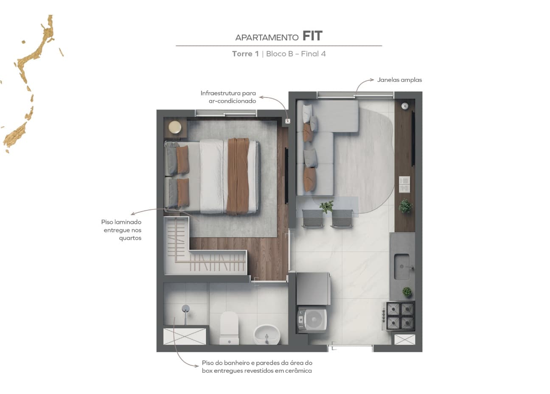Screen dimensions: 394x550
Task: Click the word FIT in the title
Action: click(x=312, y=36)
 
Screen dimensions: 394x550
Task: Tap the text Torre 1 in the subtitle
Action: click(x=245, y=54)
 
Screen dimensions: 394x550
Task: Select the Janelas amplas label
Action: click(x=399, y=80)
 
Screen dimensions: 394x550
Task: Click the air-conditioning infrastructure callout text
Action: click(x=228, y=97)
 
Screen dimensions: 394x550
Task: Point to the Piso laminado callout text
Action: click(x=121, y=230)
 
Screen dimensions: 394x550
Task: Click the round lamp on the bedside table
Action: click(x=175, y=127)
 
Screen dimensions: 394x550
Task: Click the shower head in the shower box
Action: click(x=185, y=308)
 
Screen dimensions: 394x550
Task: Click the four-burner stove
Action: click(x=400, y=316)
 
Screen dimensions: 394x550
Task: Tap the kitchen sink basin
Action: click(x=401, y=266)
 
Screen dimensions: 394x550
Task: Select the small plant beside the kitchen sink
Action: click(x=407, y=292)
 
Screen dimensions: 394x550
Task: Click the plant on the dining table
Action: click(x=326, y=207)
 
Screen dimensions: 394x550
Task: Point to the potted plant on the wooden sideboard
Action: click(x=405, y=206)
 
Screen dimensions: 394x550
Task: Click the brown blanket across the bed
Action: click(x=238, y=176)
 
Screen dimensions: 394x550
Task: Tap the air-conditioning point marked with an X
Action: click(x=288, y=121)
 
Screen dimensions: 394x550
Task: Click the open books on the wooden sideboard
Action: click(x=404, y=184)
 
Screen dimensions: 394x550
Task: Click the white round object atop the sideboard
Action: click(x=405, y=106)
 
